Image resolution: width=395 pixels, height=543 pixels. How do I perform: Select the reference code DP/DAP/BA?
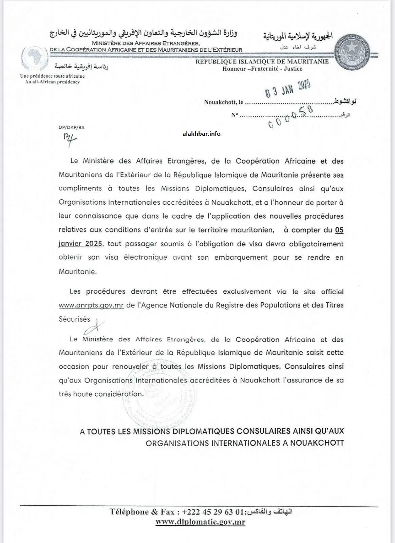point(72,128)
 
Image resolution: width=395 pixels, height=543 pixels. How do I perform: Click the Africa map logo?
point(35,58)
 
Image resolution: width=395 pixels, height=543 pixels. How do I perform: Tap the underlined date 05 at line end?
point(339,230)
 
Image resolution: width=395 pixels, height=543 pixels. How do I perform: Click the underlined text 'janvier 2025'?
point(81,244)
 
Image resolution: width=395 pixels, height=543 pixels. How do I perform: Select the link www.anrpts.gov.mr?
point(91,305)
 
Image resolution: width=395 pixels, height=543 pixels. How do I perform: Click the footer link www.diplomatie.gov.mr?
point(200,522)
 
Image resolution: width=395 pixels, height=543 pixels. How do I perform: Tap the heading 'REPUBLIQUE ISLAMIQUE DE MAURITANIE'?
point(262,62)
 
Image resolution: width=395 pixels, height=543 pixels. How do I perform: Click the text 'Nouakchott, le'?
point(224,102)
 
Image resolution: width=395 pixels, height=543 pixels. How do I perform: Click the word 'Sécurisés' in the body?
point(74,319)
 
